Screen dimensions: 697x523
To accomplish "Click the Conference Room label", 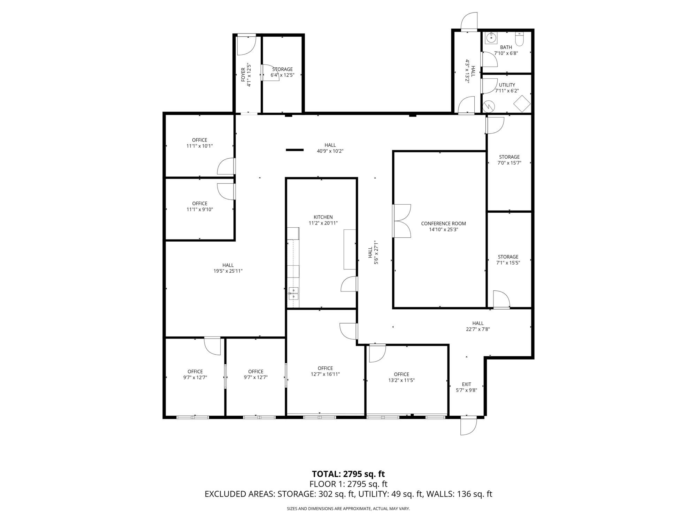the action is (x=443, y=223).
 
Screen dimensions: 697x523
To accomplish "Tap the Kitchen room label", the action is (x=323, y=217).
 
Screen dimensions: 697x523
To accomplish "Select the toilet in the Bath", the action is (x=519, y=39).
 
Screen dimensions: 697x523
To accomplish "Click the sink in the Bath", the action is (x=491, y=38).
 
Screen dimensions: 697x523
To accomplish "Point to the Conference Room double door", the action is (x=402, y=221).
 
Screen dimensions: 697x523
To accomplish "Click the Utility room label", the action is (x=507, y=85).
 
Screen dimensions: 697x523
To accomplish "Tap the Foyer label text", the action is (x=243, y=75).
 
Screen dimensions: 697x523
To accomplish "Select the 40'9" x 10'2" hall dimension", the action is (x=330, y=151).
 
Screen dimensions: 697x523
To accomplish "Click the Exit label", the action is (x=466, y=384).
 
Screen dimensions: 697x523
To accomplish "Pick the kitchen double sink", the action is (x=293, y=294).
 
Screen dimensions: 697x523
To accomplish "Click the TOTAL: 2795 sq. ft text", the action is (x=348, y=474).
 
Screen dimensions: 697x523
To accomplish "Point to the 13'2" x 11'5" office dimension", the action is (x=401, y=380).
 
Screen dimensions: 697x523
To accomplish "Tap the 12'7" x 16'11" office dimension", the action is (x=325, y=374).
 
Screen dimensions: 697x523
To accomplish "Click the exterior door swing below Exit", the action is (x=468, y=426).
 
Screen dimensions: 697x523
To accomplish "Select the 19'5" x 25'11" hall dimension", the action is (x=228, y=271).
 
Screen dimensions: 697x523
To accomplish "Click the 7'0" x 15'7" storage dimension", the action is (x=509, y=163).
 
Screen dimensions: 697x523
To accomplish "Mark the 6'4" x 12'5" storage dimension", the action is (x=282, y=75).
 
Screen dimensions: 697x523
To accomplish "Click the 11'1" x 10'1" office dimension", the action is (x=199, y=146).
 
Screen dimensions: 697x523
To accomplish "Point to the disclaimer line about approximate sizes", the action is (x=348, y=509).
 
